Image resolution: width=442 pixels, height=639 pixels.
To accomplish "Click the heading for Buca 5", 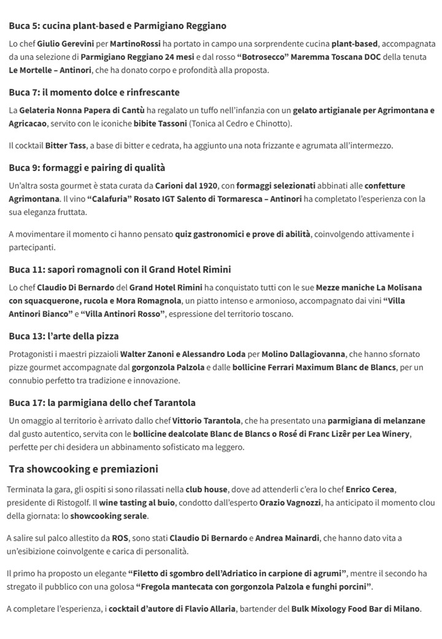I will click(117, 26).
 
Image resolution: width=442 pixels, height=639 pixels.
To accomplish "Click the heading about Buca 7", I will click(94, 92).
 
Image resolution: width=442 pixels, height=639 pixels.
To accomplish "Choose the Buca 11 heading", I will click(119, 269).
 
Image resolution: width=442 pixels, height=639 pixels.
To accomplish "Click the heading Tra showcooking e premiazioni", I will click(83, 469).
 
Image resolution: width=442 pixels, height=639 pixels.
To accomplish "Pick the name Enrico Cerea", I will click(371, 490).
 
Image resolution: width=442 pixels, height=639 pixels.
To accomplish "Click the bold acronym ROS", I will click(120, 538).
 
